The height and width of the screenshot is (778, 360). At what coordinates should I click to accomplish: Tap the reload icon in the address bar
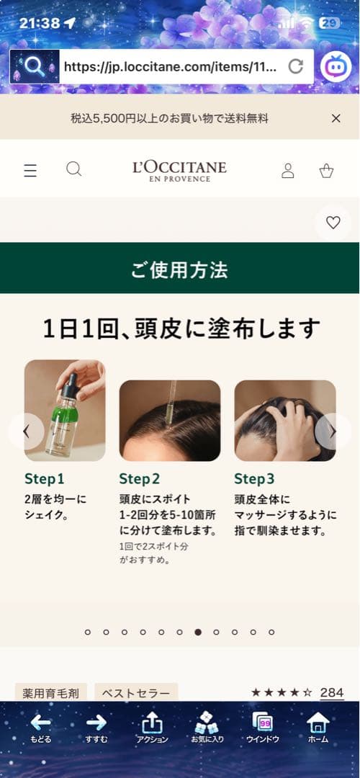coord(295,67)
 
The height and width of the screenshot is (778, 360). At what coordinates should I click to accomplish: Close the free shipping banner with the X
coord(336,118)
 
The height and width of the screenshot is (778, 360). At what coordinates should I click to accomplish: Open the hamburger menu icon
coord(30,170)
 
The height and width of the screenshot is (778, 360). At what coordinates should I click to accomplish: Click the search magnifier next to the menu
coord(73,169)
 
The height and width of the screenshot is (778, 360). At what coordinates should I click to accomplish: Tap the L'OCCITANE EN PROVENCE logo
coord(179,170)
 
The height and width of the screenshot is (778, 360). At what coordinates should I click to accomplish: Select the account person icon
coord(287,170)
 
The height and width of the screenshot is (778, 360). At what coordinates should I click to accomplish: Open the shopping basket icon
coord(326,170)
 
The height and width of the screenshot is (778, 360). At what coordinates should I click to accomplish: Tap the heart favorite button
coord(333,223)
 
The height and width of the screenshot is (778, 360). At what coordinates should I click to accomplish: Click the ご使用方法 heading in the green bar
coord(179,270)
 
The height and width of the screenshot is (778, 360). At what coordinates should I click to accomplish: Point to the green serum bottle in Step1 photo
coord(64,425)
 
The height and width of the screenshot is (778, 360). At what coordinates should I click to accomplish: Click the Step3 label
coord(254,479)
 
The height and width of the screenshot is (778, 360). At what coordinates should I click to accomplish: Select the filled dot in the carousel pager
coord(198,632)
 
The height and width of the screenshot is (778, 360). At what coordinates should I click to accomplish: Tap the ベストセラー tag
coord(136,693)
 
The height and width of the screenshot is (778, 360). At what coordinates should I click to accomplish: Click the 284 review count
coord(331,692)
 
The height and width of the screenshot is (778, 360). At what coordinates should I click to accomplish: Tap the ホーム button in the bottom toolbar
coord(318,728)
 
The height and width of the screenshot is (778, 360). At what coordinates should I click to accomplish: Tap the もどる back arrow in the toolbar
coord(40,728)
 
